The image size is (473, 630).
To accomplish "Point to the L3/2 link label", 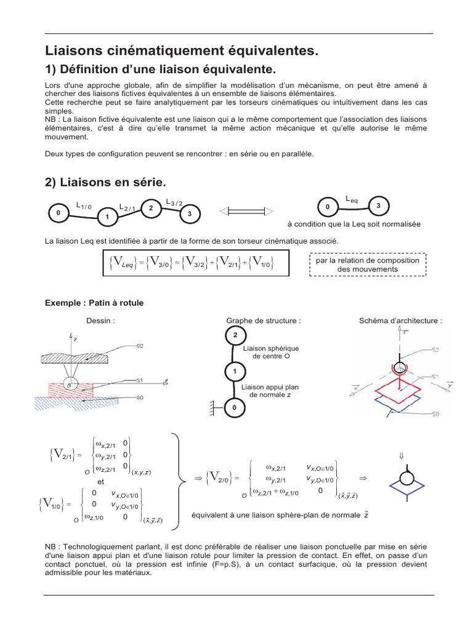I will [174, 202].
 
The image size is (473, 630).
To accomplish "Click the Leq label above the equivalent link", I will [351, 199].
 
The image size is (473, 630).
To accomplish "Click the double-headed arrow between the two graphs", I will [246, 212].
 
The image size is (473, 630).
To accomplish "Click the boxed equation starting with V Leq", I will [191, 263].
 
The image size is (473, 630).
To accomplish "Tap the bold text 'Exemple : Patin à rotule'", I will [94, 303].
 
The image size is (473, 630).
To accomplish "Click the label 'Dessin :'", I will [101, 321].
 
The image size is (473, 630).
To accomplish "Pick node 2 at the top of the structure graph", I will [234, 336].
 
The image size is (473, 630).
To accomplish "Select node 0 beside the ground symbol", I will [234, 408].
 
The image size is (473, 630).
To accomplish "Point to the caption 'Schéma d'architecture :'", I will [400, 321].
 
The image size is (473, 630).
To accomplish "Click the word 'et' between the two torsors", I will [102, 482].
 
